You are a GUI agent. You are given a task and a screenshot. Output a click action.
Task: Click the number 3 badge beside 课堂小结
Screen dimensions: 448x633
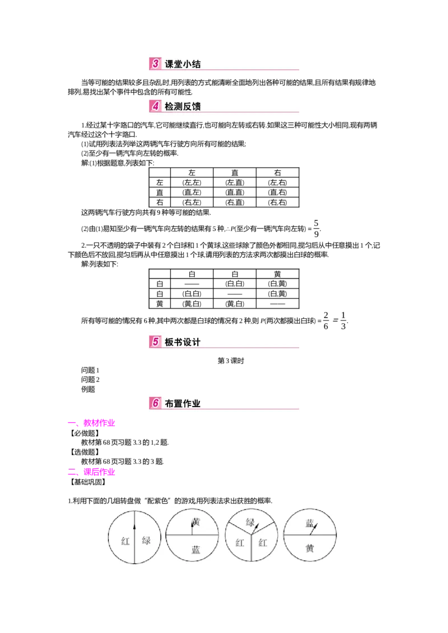pos(155,64)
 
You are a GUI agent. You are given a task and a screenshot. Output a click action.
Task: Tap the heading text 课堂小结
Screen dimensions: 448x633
pos(183,64)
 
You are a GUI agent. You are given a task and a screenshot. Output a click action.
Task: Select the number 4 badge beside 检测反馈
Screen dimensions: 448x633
pos(155,106)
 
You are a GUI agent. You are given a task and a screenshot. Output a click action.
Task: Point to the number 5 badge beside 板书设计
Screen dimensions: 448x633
pos(155,341)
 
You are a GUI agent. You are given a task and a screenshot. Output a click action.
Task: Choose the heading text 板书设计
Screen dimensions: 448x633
pos(183,342)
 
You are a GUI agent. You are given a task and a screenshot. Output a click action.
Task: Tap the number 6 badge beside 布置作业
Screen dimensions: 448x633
pos(155,403)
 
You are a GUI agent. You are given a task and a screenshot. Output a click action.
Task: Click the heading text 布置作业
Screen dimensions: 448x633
pos(183,403)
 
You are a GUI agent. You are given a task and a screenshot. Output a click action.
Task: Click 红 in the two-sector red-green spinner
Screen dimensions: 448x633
pos(125,541)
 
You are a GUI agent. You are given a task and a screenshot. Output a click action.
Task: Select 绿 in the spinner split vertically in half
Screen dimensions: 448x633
pos(146,541)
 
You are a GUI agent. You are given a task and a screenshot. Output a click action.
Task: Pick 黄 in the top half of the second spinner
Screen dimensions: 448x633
pos(195,522)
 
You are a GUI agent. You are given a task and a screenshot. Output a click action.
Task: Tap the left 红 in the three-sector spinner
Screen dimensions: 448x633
pos(240,542)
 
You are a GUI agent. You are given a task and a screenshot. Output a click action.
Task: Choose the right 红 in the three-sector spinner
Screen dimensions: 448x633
pos(263,542)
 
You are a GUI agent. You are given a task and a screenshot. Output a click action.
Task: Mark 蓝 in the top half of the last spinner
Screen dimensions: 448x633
pos(310,523)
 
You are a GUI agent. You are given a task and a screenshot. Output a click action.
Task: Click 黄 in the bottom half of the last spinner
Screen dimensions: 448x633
pos(310,548)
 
